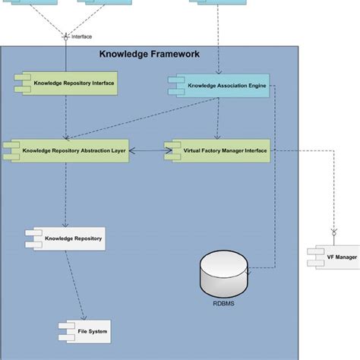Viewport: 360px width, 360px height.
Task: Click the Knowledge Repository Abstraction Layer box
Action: (66, 150)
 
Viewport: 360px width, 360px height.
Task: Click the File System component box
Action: (84, 331)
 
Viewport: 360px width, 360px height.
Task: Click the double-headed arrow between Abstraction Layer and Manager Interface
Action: (147, 151)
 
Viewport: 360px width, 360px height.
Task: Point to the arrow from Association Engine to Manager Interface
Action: (218, 120)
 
